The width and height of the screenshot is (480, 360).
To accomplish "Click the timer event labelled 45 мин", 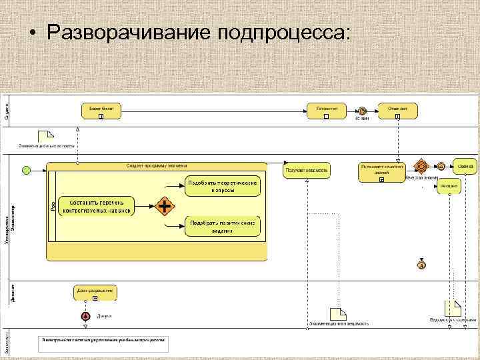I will (x=362, y=110).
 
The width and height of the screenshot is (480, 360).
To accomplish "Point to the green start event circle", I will (x=27, y=171).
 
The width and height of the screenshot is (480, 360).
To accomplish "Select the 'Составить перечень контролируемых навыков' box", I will (x=97, y=206).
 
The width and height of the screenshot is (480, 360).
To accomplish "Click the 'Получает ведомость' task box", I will (x=307, y=171).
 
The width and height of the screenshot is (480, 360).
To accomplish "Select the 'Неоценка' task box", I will (x=449, y=187).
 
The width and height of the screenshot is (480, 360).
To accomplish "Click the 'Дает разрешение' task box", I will (x=96, y=292).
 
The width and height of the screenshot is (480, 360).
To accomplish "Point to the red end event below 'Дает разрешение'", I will (x=85, y=316).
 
